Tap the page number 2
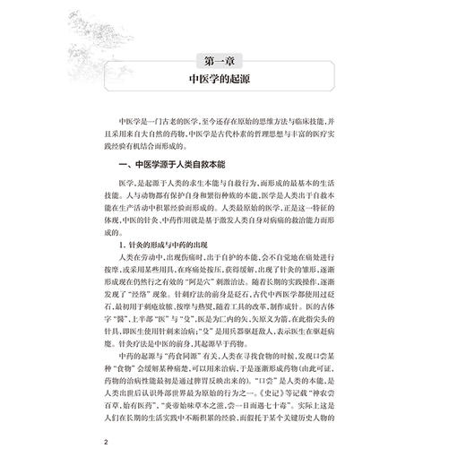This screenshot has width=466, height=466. pos(106,442)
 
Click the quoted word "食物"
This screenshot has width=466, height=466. pos(127,374)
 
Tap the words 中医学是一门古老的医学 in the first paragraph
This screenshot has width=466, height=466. pos(167,117)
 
